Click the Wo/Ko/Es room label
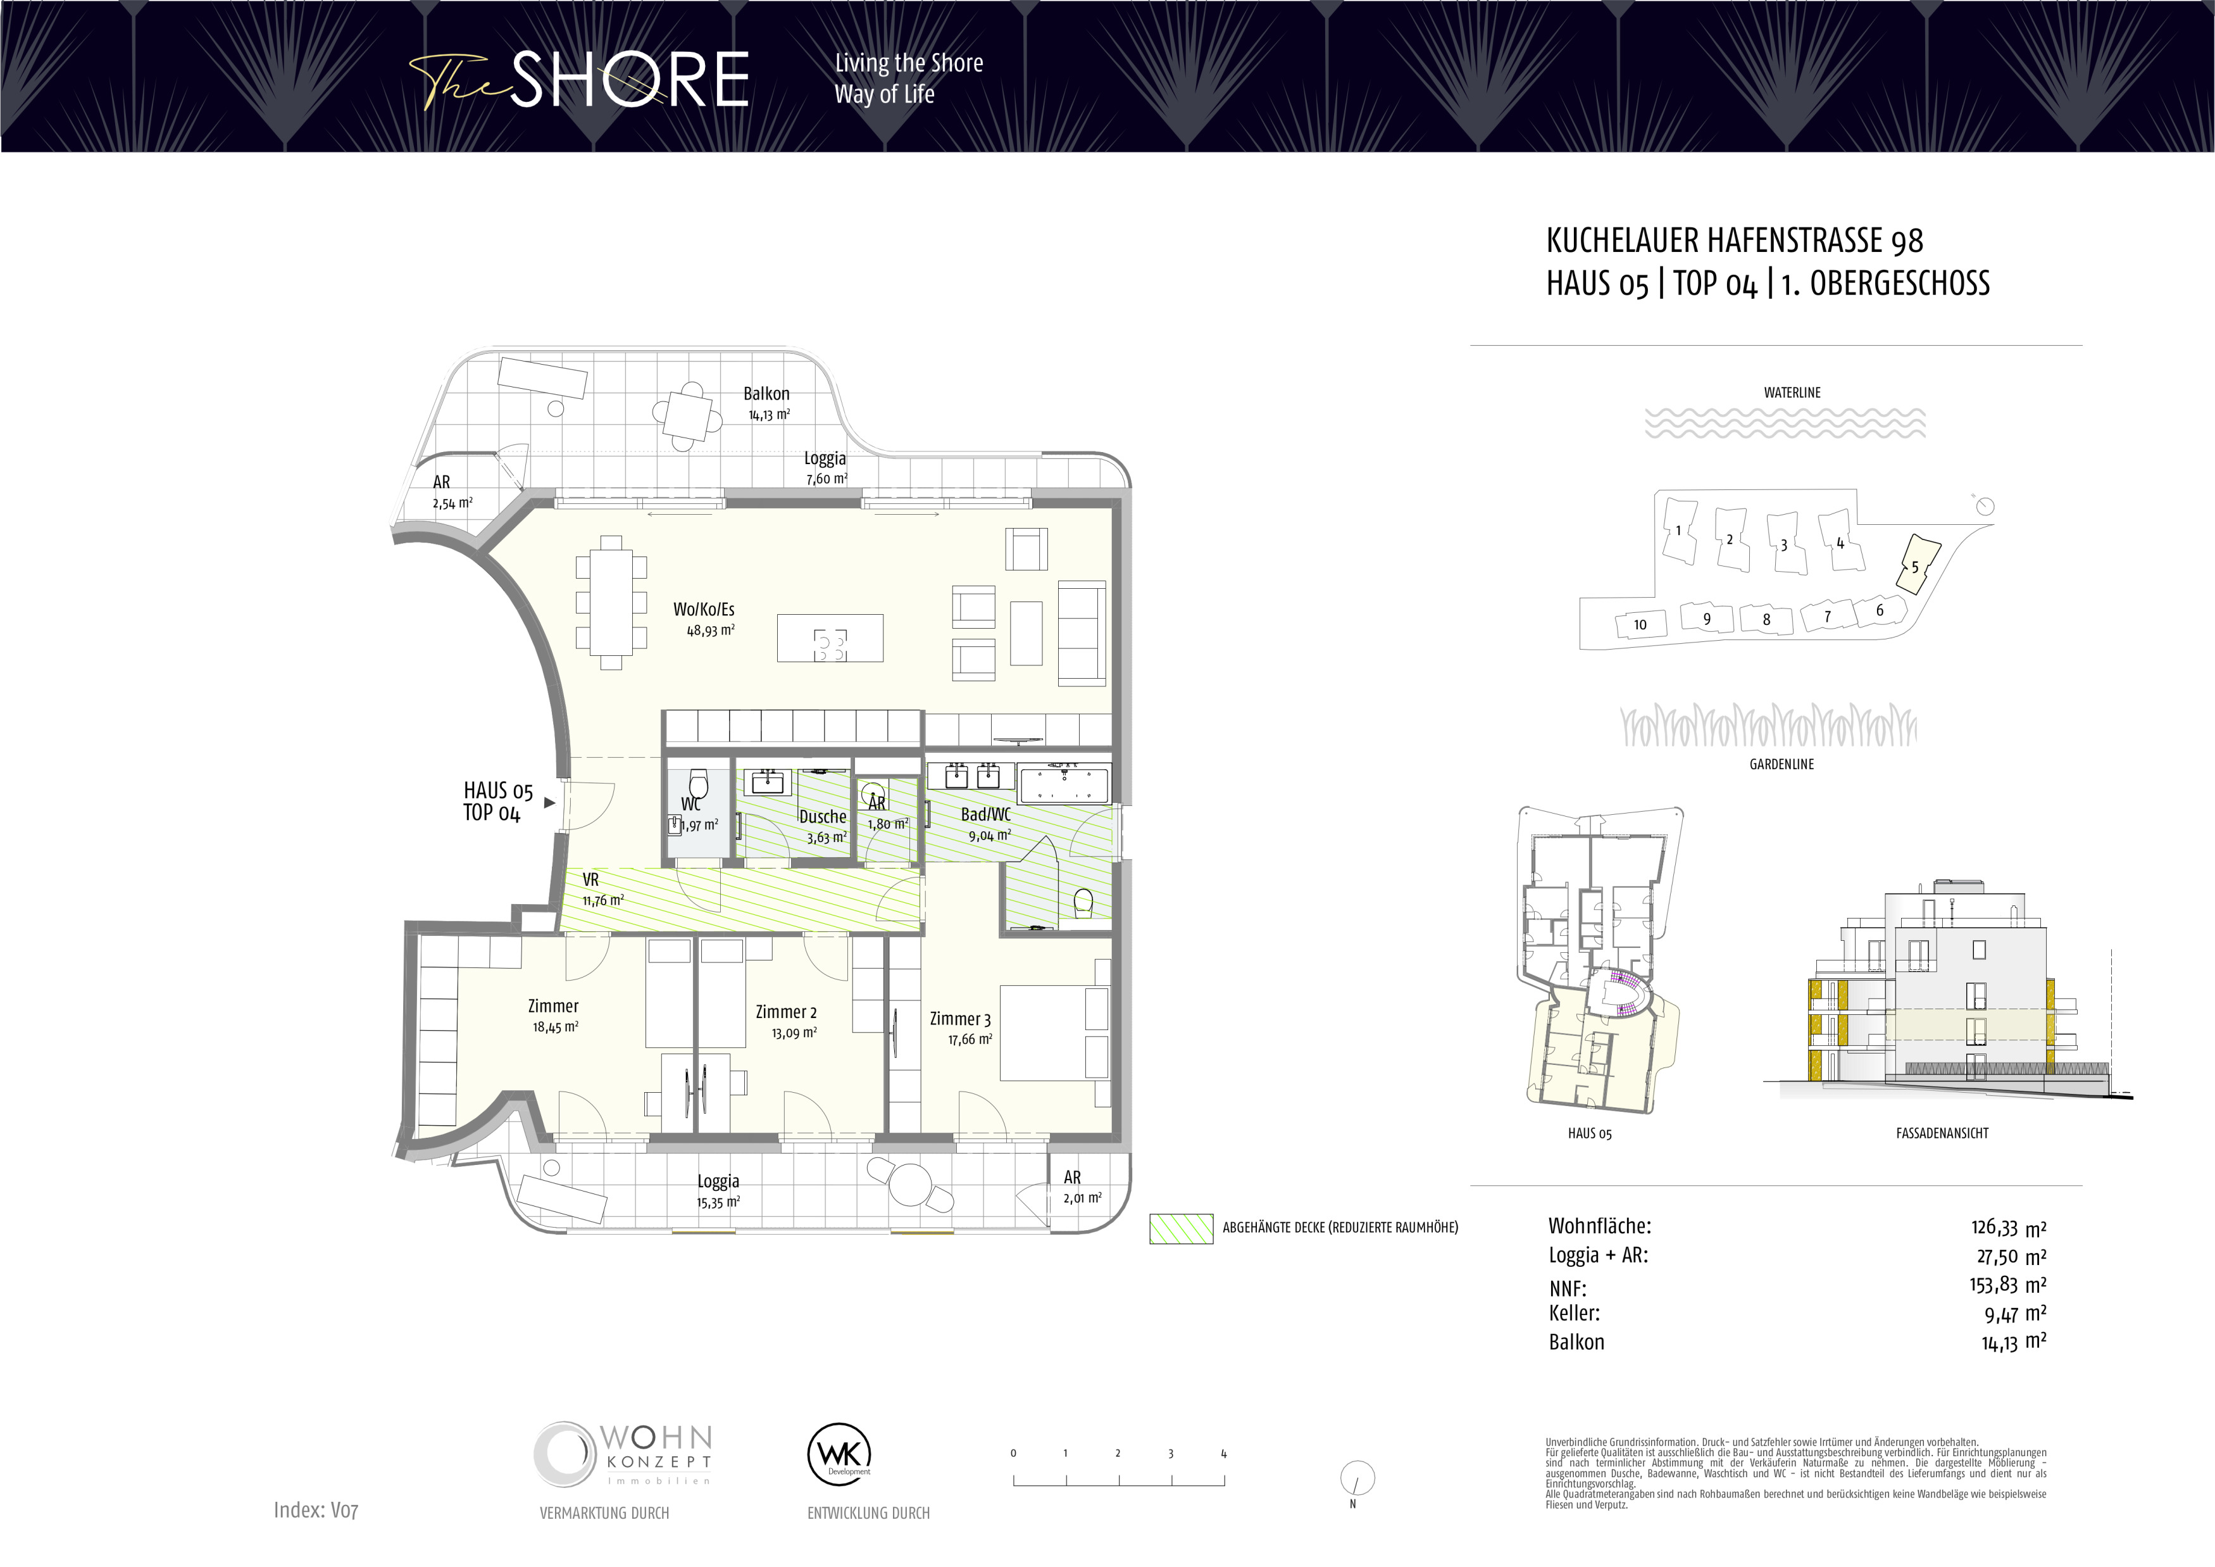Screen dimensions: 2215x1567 703,609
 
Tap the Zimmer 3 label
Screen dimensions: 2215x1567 960,1019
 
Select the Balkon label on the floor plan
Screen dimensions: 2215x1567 766,394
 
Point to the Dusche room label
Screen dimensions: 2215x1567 822,816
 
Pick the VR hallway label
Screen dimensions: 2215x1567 590,880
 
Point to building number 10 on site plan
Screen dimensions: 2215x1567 1640,624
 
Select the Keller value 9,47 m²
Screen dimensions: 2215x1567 2015,1313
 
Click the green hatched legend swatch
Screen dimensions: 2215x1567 1181,1228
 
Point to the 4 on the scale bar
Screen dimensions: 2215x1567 1223,1453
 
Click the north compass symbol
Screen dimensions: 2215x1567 1357,1477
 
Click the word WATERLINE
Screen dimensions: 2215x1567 1792,393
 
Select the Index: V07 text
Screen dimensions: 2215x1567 315,1510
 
